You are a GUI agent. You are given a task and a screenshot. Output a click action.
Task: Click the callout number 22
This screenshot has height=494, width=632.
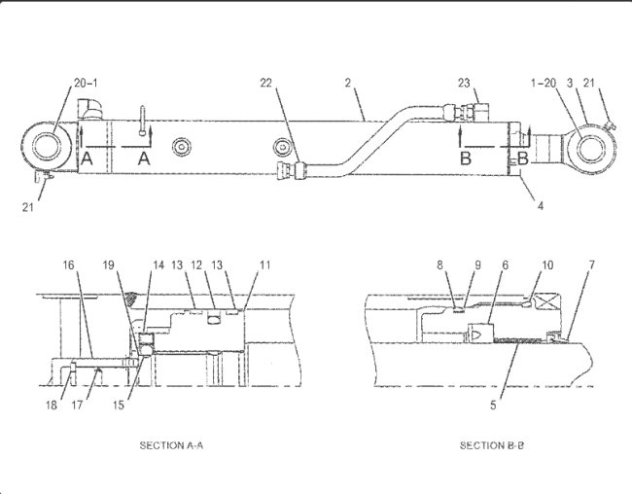(x=266, y=83)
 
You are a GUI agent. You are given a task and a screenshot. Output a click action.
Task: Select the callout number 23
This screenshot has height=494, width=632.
(x=464, y=83)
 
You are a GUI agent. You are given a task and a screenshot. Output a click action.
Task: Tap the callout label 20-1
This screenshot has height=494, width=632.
(x=86, y=83)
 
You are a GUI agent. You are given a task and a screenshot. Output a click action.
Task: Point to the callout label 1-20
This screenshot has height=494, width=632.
(x=544, y=83)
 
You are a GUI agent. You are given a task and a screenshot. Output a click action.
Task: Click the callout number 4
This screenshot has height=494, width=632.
(x=540, y=205)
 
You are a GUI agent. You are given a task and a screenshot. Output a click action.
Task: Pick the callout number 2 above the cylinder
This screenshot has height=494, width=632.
(x=348, y=83)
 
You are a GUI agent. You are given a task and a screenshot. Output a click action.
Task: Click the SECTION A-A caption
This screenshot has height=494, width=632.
(x=171, y=445)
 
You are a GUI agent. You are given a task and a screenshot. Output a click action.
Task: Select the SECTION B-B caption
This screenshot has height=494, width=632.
(x=492, y=445)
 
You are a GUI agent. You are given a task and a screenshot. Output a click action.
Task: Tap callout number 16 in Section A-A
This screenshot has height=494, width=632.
(x=68, y=265)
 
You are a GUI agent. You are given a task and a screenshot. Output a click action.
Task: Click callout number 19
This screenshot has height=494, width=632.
(x=109, y=265)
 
